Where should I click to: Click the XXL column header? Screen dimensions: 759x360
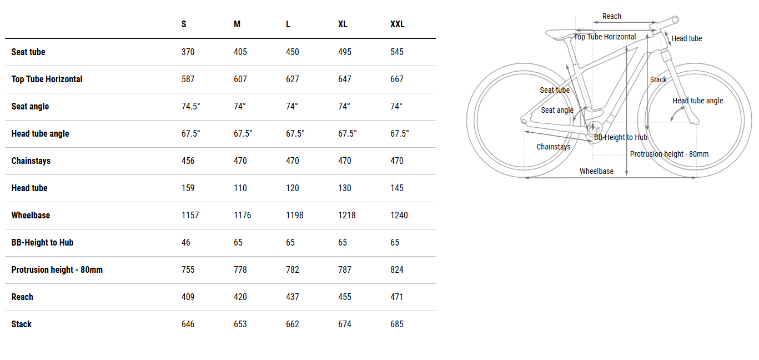point(397,24)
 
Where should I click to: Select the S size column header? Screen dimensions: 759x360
point(184,24)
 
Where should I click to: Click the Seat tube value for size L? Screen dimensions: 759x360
point(293,52)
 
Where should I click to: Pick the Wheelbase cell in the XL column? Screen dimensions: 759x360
point(346,215)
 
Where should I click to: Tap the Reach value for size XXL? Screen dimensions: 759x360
point(397,297)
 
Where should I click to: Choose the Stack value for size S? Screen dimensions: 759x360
point(188,324)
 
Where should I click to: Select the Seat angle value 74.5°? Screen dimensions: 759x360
point(191,107)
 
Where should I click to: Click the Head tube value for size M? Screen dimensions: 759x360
point(240,188)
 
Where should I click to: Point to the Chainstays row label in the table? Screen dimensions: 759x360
point(31,161)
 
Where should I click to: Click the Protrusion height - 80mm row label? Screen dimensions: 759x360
point(57,270)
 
